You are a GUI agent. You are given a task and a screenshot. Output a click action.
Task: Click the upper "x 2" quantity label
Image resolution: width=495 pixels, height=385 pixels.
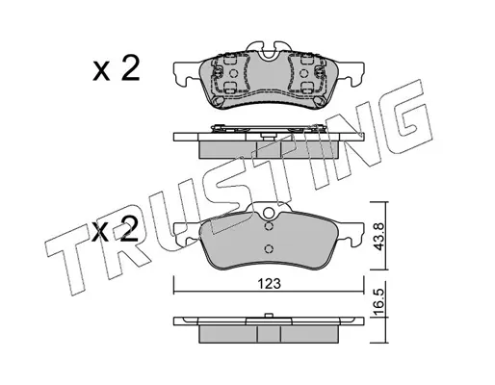117,67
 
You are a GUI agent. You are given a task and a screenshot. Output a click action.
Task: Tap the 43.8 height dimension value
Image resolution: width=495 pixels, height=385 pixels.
378,237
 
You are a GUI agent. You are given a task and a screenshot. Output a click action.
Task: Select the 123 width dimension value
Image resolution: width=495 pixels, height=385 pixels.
270,284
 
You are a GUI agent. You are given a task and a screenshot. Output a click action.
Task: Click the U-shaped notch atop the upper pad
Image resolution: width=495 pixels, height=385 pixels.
269,54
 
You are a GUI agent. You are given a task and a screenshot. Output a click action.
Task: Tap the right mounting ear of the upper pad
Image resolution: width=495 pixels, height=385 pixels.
351,74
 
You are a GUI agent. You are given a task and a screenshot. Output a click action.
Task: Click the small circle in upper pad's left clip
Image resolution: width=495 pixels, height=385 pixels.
233,74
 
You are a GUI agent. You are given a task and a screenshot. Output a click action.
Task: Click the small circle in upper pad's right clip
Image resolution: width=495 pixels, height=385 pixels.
303,74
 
